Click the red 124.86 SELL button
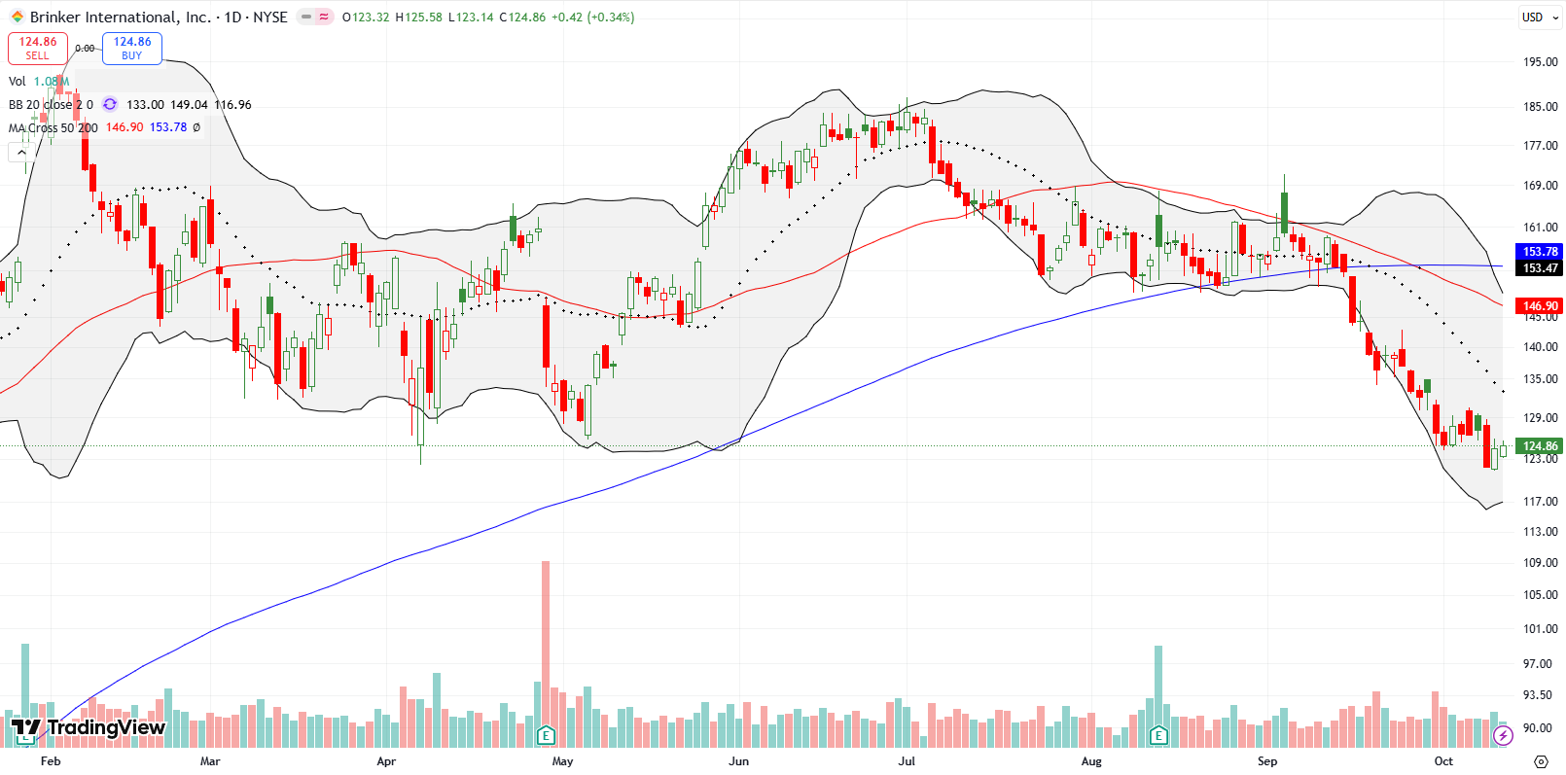(37, 48)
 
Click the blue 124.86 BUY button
(131, 48)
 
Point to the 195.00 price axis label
(1540, 62)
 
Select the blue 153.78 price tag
(1540, 252)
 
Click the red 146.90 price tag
(1540, 305)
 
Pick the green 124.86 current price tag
(1540, 446)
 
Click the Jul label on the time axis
(907, 761)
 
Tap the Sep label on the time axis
(1266, 761)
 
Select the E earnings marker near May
(546, 735)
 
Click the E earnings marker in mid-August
(1157, 735)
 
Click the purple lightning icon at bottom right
(1503, 735)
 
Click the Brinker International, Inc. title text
(120, 17)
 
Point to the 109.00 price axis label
(1540, 563)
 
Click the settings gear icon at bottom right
(1540, 761)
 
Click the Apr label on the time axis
(386, 761)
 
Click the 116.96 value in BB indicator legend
(232, 105)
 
